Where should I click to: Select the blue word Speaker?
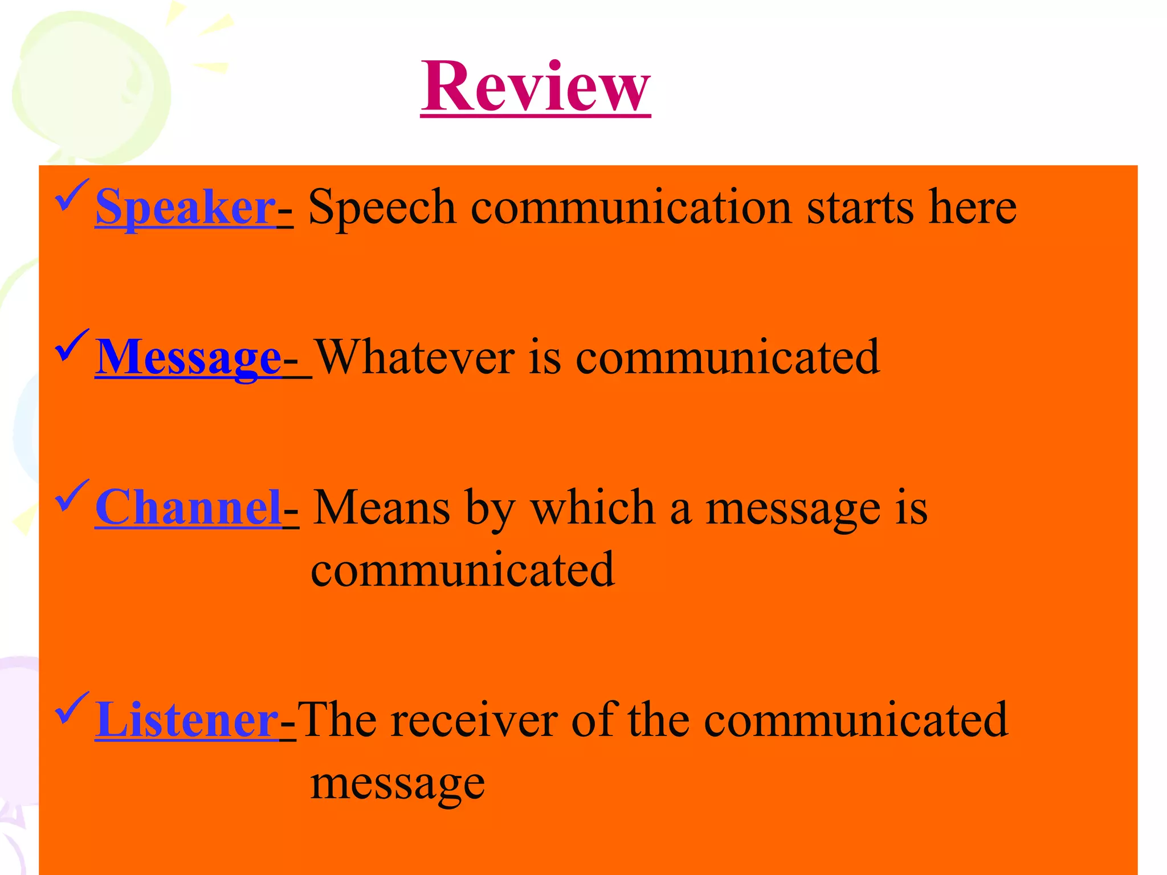click(186, 207)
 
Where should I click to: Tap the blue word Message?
click(188, 358)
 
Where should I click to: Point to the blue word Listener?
click(187, 720)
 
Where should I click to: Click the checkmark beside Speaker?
click(72, 195)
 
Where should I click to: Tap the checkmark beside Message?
click(72, 345)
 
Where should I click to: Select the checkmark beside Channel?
click(72, 496)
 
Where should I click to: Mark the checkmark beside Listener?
click(72, 708)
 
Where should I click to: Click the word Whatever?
click(415, 358)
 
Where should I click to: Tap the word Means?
click(381, 508)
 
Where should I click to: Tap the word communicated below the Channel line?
click(463, 570)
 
